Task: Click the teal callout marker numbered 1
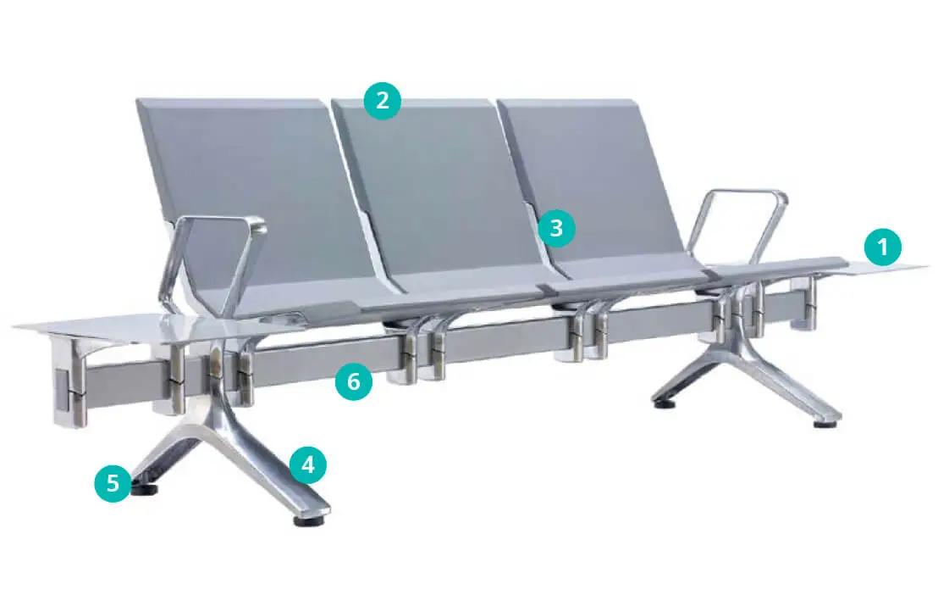[x=882, y=246]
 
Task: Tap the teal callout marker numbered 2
[x=383, y=100]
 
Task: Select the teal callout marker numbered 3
[x=555, y=228]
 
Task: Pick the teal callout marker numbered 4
[x=307, y=464]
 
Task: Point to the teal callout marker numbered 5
[x=113, y=482]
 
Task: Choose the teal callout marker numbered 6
[x=354, y=381]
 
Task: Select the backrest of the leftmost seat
[x=251, y=192]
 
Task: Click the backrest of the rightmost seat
[x=593, y=180]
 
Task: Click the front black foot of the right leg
[x=825, y=424]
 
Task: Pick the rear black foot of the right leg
[x=664, y=403]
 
